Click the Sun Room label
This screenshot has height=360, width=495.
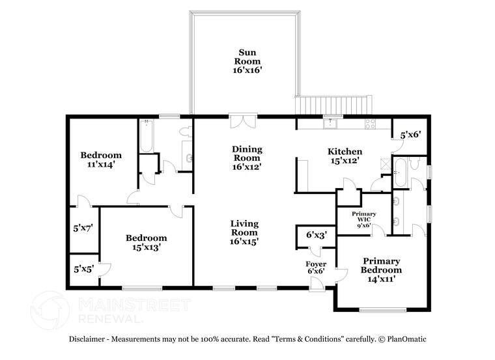coord(247,61)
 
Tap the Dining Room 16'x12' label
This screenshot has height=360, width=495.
coord(247,158)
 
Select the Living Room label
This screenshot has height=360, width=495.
coord(244,232)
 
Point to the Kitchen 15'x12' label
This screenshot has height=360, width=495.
coord(345,156)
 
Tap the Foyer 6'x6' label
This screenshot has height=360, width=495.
coord(316,268)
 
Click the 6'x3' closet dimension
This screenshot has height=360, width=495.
coord(317,235)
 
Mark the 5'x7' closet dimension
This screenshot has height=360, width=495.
coord(83,228)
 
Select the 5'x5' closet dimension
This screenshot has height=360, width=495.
coord(83,269)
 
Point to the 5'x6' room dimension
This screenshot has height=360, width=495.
coord(411,135)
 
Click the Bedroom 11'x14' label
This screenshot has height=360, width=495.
coord(101,159)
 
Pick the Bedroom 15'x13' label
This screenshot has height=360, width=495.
coord(147,242)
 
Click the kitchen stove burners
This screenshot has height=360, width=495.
coord(370,124)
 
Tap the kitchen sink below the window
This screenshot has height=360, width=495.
coord(330,123)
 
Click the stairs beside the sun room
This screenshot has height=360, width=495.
coord(333,105)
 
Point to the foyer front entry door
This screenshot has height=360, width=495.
coord(317,284)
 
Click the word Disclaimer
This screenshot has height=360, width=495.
coord(87,339)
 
